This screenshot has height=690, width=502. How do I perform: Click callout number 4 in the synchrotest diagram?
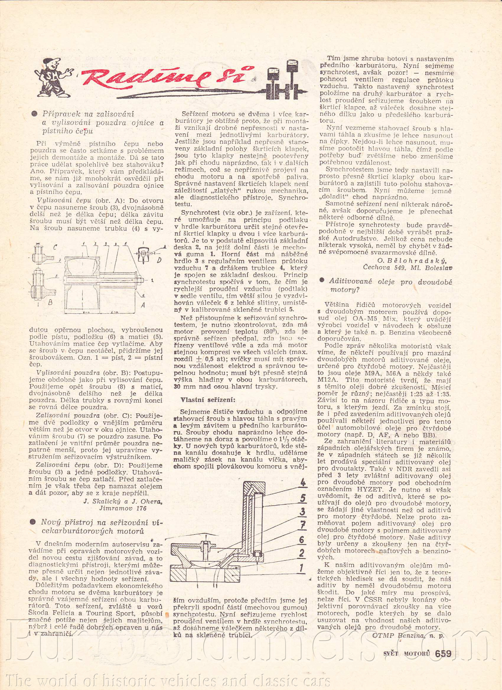click(x=303, y=482)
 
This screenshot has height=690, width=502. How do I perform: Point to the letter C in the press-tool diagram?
click(x=55, y=248)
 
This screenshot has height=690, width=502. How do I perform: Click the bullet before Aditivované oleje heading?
click(x=322, y=280)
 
